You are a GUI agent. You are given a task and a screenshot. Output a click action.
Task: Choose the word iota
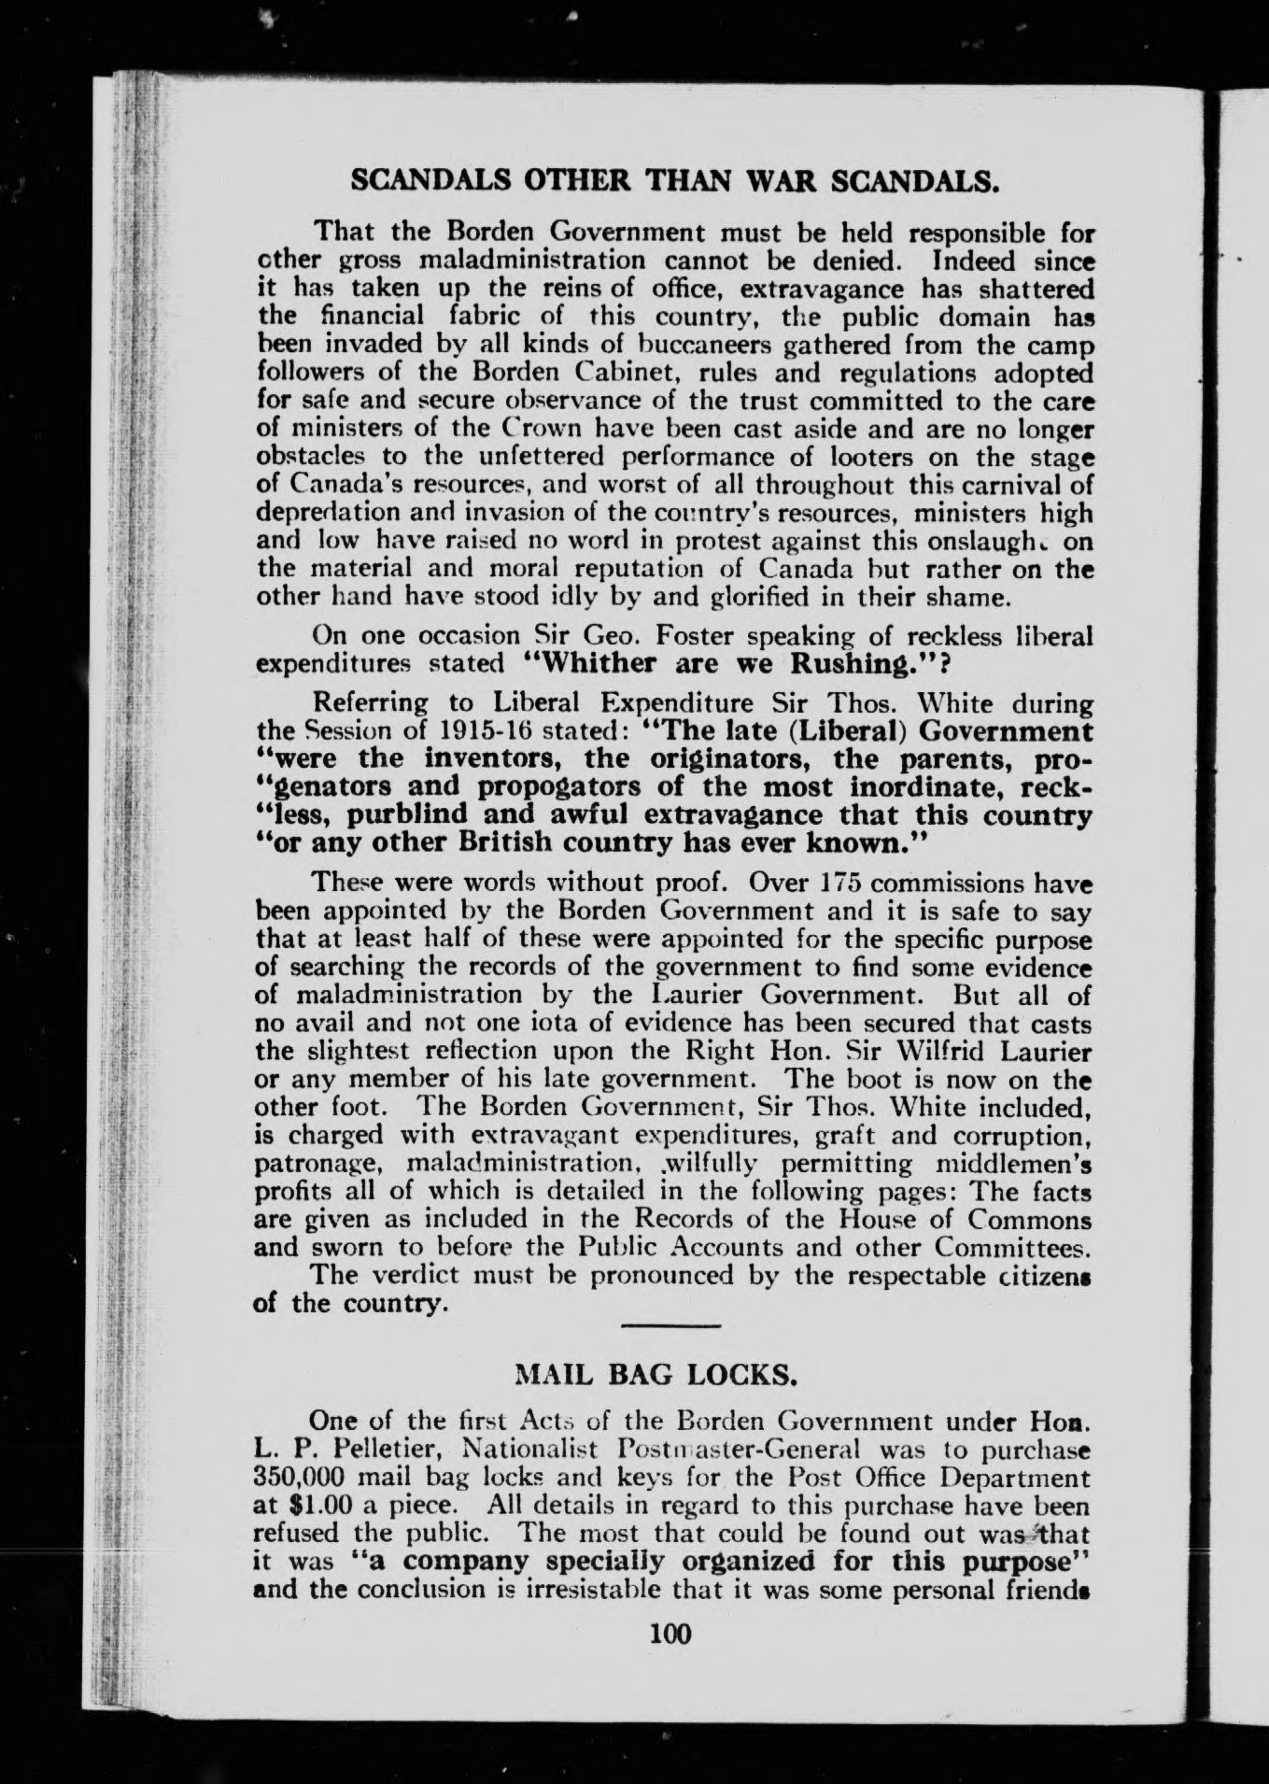click(x=542, y=1023)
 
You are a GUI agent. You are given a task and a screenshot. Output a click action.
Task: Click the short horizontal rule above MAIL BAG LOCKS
click(x=670, y=1326)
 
